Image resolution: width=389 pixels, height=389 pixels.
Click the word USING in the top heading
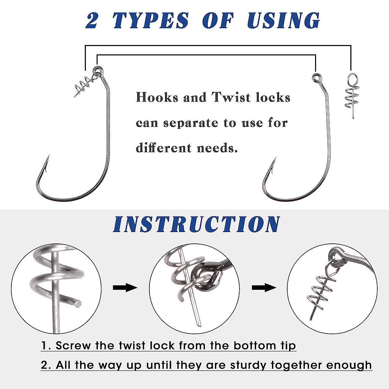tap(283, 21)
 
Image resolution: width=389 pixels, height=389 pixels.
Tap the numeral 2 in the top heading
tap(92, 21)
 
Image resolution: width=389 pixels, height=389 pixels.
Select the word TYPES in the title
tap(150, 21)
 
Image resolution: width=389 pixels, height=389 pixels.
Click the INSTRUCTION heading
tap(196, 224)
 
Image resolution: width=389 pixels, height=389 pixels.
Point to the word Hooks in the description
tap(157, 98)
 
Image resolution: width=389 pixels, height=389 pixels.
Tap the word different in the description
tap(164, 148)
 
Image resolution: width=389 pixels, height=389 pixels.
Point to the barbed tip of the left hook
tap(47, 160)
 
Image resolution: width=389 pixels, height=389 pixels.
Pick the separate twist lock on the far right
tap(350, 96)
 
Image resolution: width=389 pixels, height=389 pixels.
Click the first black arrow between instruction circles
tap(125, 288)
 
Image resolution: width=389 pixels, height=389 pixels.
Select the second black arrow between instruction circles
tap(264, 288)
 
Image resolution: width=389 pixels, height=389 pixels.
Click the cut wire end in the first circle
tap(78, 303)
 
